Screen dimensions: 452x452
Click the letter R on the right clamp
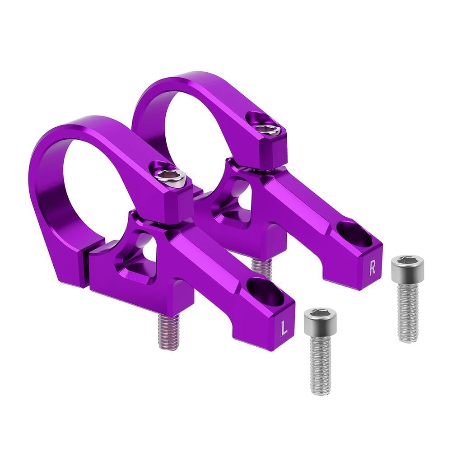pos(372,268)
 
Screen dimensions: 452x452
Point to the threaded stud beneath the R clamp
pos(262,268)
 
